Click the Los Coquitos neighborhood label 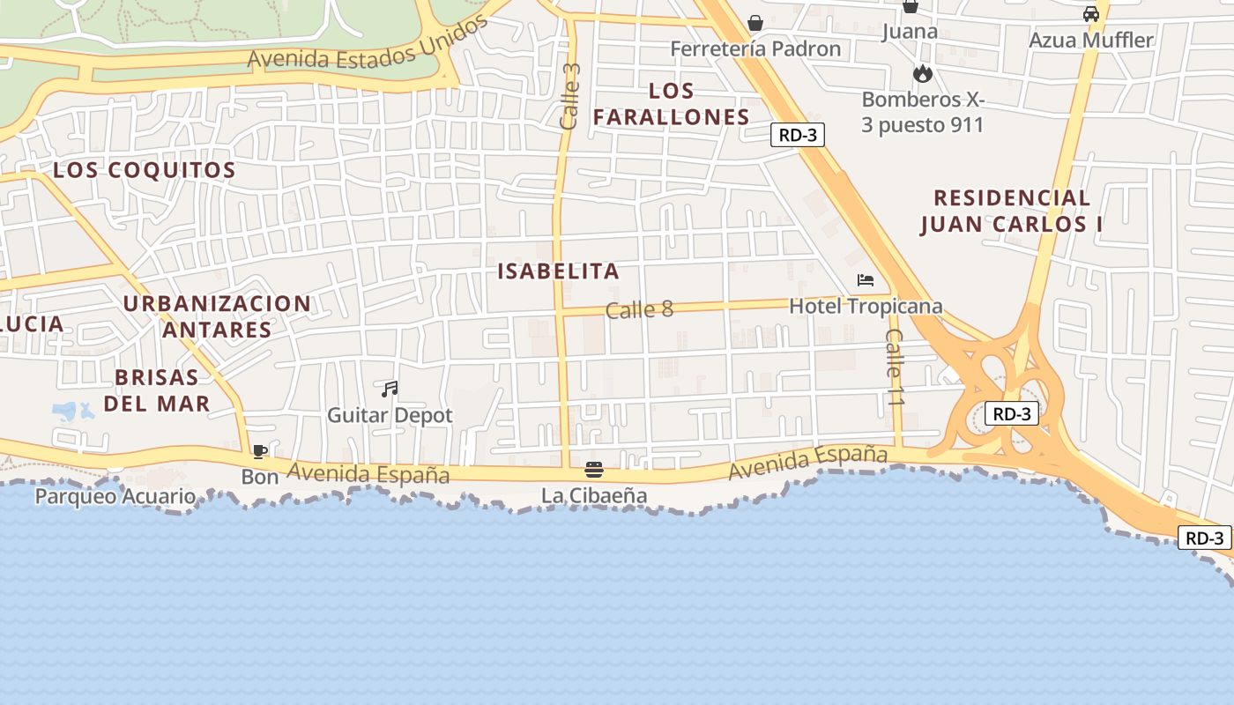click(x=145, y=170)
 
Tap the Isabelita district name click(x=559, y=271)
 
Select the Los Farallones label click(x=672, y=104)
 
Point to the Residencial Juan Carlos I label click(x=1012, y=211)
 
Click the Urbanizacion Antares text click(x=217, y=316)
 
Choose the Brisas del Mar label click(x=157, y=390)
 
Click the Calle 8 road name click(x=639, y=309)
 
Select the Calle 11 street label click(x=896, y=367)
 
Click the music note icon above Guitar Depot click(x=390, y=389)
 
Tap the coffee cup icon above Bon click(x=259, y=451)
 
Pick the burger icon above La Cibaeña click(x=594, y=470)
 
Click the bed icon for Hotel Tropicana click(x=866, y=280)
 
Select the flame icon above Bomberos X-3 click(x=923, y=73)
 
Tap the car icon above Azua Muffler click(x=1091, y=14)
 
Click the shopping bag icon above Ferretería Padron click(x=755, y=23)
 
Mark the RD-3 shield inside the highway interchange click(x=1011, y=413)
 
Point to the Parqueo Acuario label click(x=115, y=496)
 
